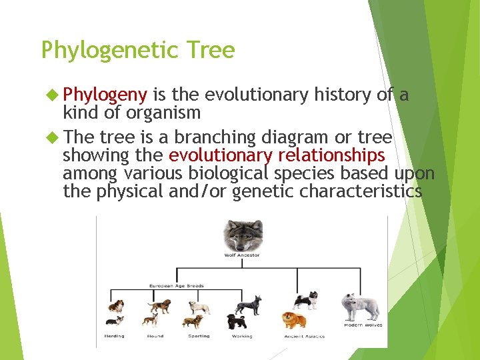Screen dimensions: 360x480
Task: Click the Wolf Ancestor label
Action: [x=242, y=255]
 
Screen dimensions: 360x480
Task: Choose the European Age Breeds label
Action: [x=176, y=286]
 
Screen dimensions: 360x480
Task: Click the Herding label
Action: [x=114, y=336]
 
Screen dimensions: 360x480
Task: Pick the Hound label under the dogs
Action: [x=155, y=336]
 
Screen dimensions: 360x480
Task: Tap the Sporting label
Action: [x=199, y=336]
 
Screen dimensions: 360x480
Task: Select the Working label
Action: [x=241, y=336]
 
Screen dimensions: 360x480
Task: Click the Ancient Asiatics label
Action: [x=304, y=336]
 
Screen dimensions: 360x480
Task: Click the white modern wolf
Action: [x=360, y=307]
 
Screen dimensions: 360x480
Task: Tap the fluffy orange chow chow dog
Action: [x=294, y=321]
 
